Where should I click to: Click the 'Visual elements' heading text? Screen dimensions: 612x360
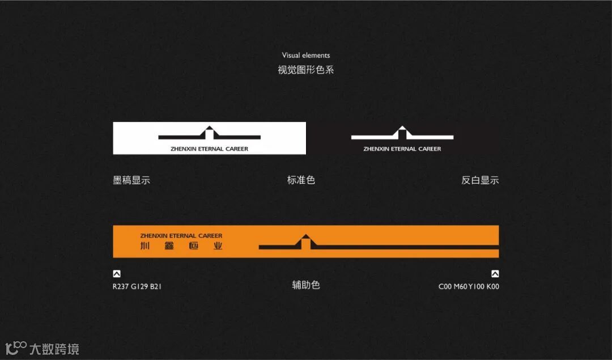306,55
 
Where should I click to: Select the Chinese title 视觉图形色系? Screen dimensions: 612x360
306,70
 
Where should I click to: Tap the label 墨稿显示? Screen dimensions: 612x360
131,180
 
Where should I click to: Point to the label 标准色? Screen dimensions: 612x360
301,180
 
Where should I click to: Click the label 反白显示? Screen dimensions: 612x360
480,180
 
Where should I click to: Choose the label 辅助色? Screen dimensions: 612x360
306,285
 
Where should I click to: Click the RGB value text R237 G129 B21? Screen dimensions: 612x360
137,286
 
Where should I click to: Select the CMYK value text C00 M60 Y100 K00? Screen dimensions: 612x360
469,286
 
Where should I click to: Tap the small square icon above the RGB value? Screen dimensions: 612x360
117,273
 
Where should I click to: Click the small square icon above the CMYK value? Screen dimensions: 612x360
495,273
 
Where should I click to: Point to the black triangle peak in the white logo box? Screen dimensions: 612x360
209,129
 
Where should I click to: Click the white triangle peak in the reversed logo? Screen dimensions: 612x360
402,129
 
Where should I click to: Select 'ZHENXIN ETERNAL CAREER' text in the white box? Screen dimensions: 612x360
209,149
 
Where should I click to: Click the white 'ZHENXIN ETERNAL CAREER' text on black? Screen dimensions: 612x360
402,149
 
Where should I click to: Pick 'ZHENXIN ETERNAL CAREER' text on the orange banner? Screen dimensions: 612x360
181,235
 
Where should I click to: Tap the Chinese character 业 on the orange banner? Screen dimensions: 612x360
218,246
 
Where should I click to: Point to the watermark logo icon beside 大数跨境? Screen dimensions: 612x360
16,348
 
